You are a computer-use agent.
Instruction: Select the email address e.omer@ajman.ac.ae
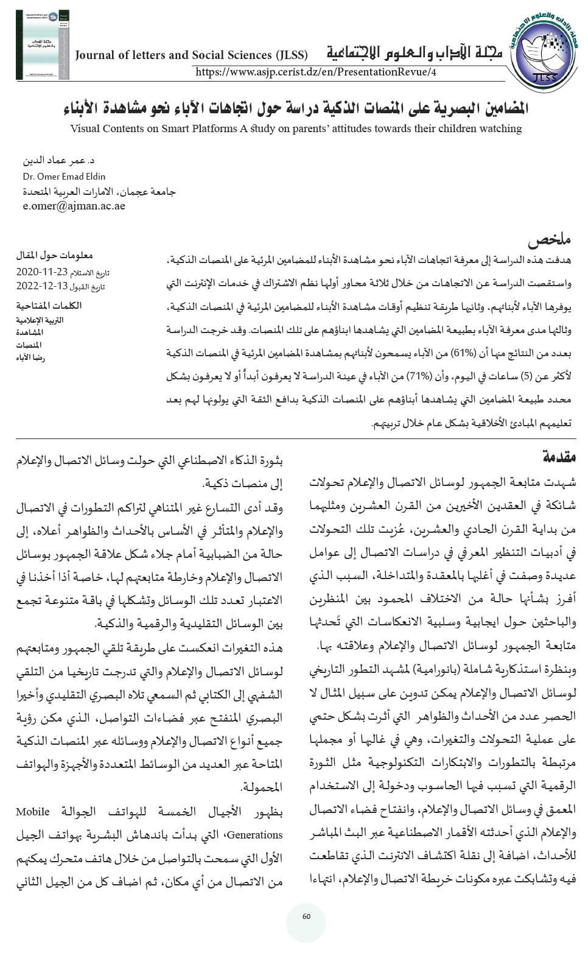click(x=74, y=206)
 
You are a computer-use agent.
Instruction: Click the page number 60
click(x=306, y=916)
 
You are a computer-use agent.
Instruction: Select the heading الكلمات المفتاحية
click(x=51, y=306)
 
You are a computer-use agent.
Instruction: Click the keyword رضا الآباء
click(x=31, y=357)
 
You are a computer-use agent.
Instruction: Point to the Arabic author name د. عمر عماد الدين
click(x=58, y=162)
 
